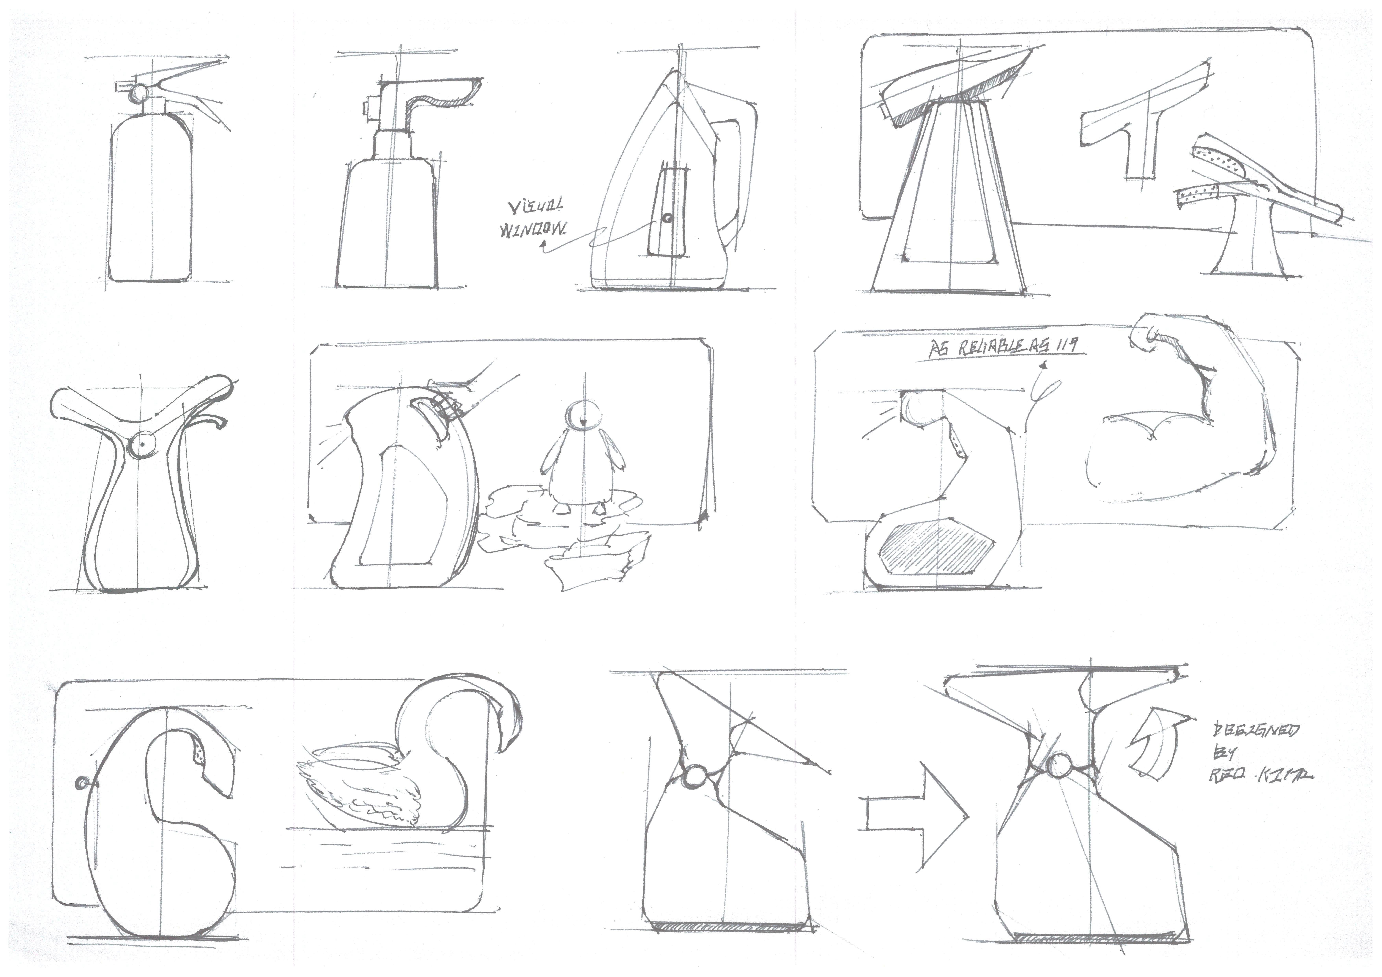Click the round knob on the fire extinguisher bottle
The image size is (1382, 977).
(x=139, y=93)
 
